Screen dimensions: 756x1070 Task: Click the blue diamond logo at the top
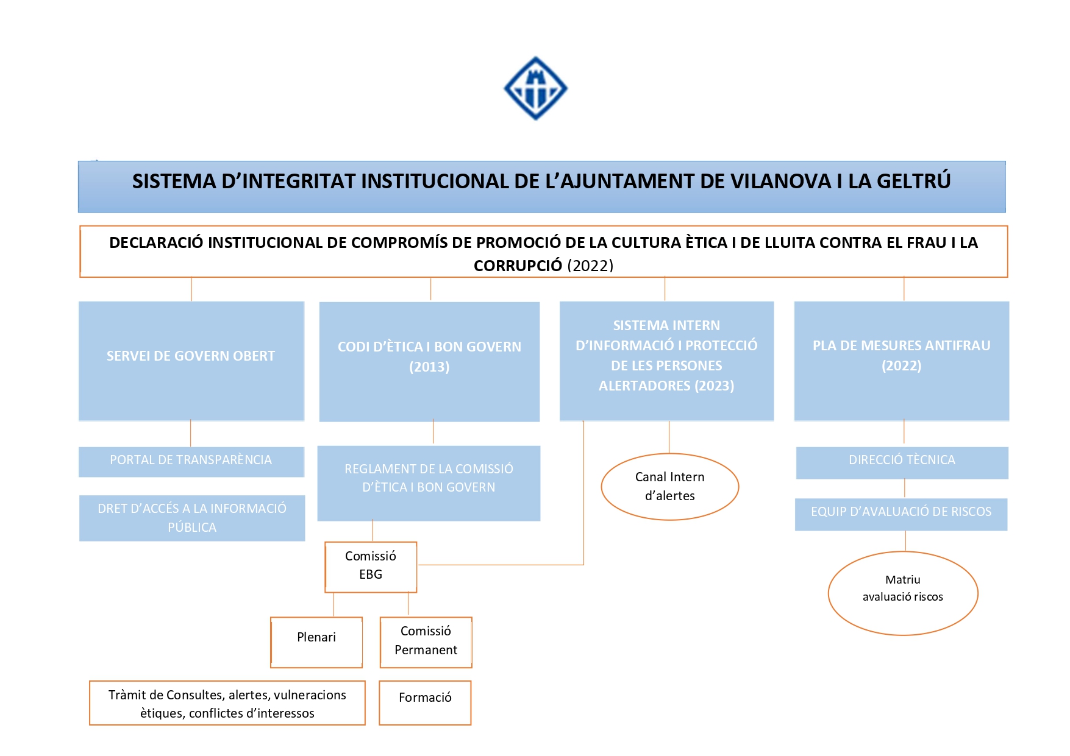[535, 89]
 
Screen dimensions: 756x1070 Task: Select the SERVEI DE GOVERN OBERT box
[191, 361]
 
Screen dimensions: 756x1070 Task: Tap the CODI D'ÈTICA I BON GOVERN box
[429, 361]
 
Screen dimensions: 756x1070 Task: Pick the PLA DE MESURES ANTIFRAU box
[901, 361]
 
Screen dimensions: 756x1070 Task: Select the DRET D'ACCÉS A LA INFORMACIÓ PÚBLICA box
[192, 518]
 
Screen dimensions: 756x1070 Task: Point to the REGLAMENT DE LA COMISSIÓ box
[429, 483]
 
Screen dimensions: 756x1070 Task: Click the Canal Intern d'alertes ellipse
[669, 487]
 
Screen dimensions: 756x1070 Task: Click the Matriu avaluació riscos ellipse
[902, 593]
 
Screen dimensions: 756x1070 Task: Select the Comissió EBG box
[371, 567]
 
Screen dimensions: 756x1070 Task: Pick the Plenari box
[316, 642]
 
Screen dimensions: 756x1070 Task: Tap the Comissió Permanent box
[426, 642]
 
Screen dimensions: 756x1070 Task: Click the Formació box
[425, 702]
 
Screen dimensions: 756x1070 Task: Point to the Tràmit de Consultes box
[227, 703]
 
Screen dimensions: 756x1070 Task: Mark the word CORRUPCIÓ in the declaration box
[518, 266]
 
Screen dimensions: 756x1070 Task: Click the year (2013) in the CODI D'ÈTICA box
[429, 367]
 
